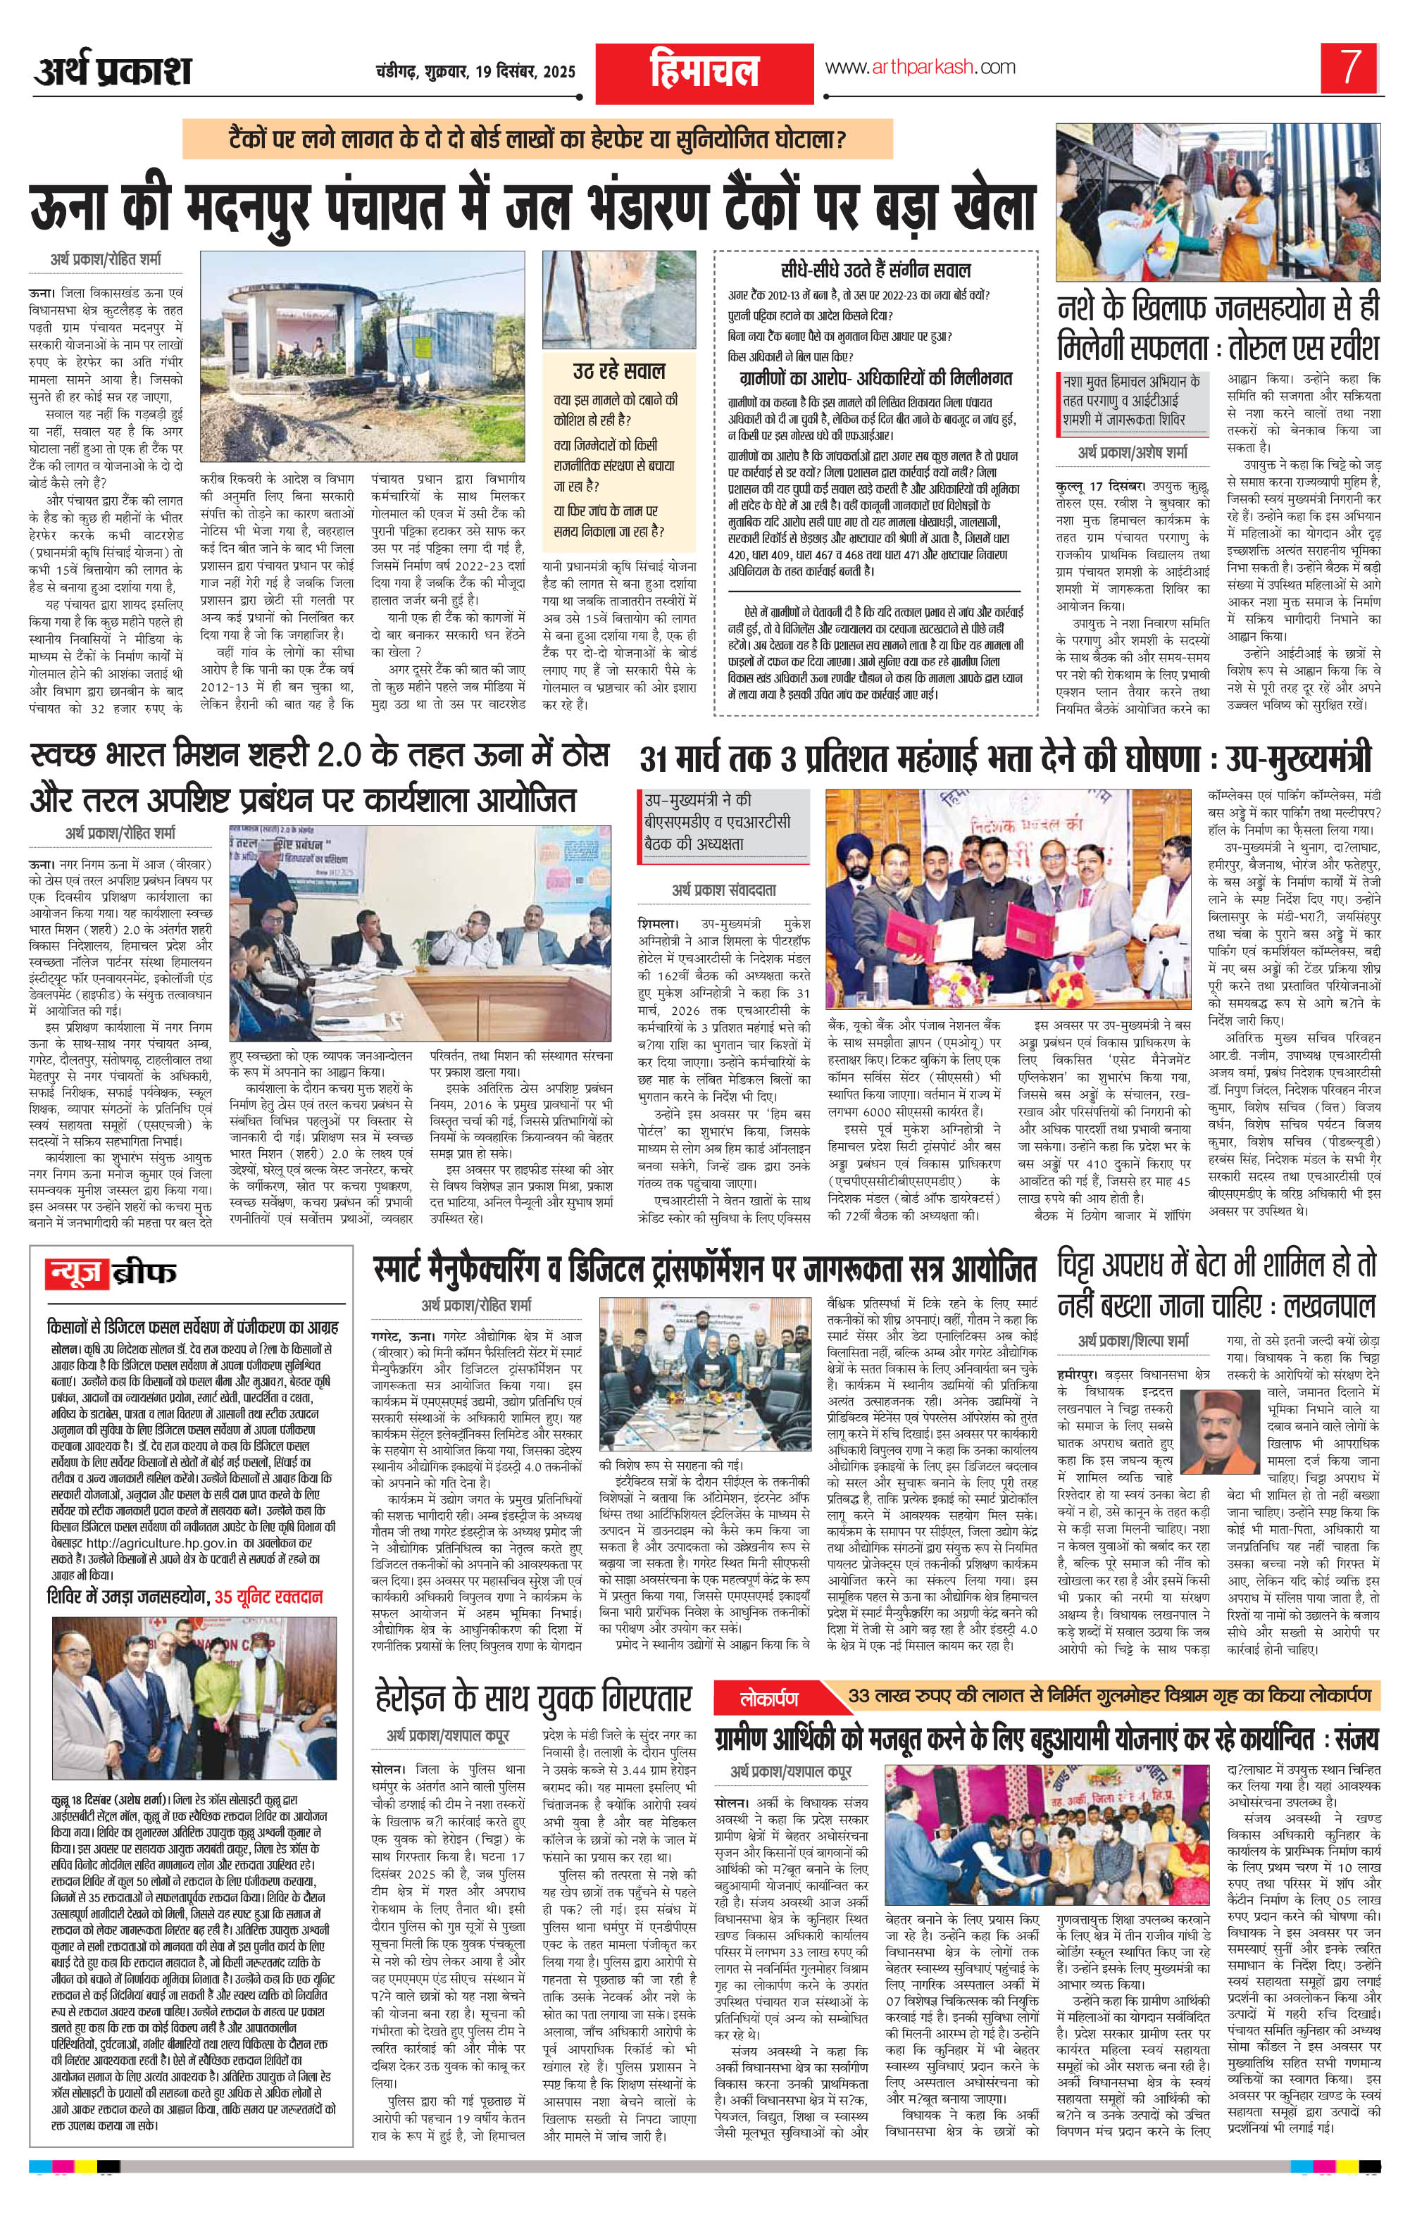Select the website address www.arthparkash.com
[919, 67]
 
